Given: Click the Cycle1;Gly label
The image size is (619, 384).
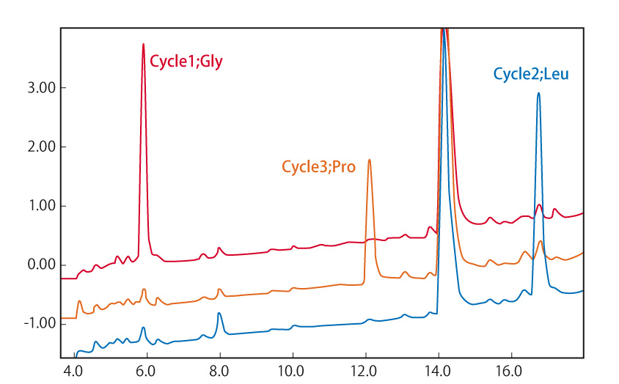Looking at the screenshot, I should coord(186,62).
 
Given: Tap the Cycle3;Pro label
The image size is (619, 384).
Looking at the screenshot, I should coord(318,167).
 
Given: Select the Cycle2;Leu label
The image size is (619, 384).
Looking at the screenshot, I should coord(530,74).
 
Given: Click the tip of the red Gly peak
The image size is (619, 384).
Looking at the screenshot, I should coord(143,45).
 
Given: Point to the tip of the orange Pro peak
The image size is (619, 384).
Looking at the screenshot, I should coord(369,160).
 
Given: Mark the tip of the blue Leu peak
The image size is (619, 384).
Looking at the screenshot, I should coord(538,93).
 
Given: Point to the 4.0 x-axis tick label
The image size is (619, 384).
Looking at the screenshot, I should coord(73,372).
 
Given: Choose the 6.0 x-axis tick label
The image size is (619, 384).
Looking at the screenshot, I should coord(147,372).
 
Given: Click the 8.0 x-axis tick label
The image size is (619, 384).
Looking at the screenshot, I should coord(219,372).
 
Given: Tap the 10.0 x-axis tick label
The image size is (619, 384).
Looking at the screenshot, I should coord(292,372).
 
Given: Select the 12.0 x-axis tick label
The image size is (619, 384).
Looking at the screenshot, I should coord(365,372).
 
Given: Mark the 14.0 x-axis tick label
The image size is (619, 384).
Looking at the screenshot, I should coord(438,372).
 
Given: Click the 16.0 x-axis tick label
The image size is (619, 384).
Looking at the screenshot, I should coord(510,372).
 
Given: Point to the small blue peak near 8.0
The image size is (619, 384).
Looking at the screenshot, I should coord(219,314).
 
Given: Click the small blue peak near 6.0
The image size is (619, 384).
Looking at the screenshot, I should coord(144,328).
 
